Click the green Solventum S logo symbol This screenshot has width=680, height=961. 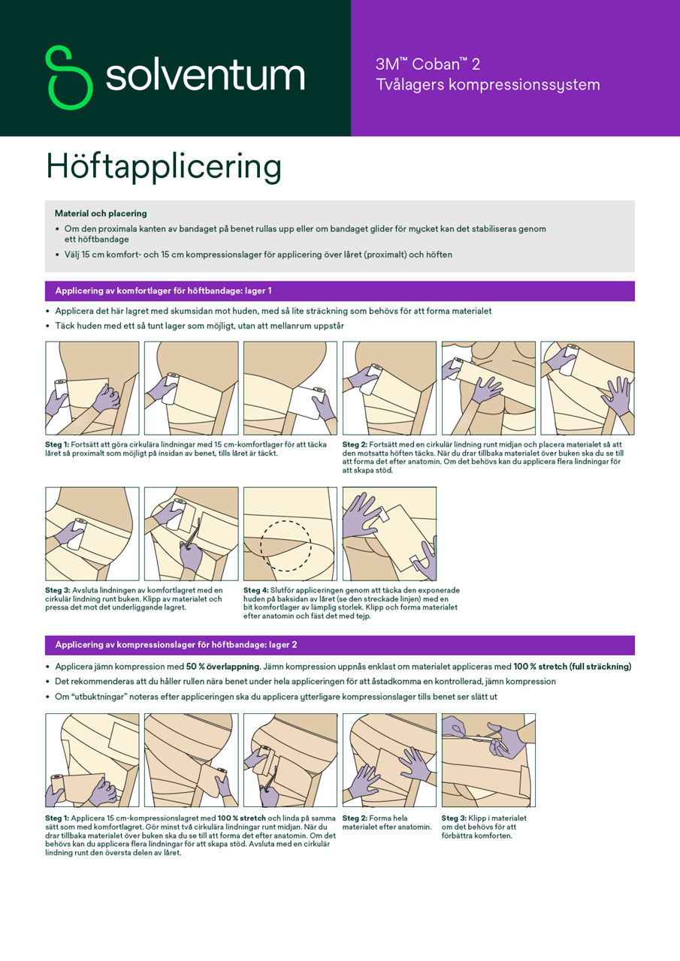pyautogui.click(x=68, y=77)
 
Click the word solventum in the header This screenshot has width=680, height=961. pyautogui.click(x=204, y=76)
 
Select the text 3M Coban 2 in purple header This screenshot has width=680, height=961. pyautogui.click(x=428, y=65)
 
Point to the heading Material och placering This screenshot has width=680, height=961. pyautogui.click(x=101, y=214)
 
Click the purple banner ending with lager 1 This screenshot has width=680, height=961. pyautogui.click(x=340, y=291)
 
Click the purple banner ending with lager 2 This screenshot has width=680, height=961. pyautogui.click(x=340, y=645)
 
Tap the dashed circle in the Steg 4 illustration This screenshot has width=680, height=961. pyautogui.click(x=286, y=546)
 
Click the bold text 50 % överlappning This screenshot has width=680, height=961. pyautogui.click(x=223, y=667)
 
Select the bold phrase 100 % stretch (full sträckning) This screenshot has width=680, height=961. pyautogui.click(x=572, y=667)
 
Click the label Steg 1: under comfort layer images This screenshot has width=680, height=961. pyautogui.click(x=57, y=444)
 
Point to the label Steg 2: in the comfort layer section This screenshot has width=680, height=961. pyautogui.click(x=355, y=444)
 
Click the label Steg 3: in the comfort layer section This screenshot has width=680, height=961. pyautogui.click(x=57, y=590)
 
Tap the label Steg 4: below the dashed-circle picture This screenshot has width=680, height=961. pyautogui.click(x=255, y=590)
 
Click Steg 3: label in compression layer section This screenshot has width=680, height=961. pyautogui.click(x=454, y=818)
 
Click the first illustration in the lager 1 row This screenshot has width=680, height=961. pyautogui.click(x=92, y=388)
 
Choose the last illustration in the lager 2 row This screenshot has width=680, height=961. pyautogui.click(x=488, y=760)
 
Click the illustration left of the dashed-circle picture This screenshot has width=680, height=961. pyautogui.click(x=191, y=534)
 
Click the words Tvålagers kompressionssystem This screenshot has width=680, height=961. pyautogui.click(x=488, y=85)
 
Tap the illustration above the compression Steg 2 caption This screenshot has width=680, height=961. pyautogui.click(x=389, y=760)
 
